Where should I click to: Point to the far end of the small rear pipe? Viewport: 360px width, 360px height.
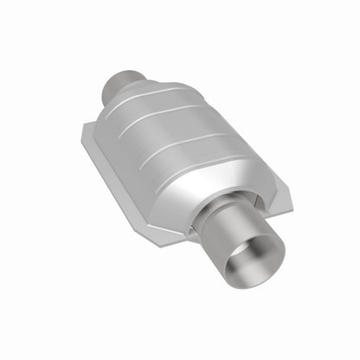coord(110,84)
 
